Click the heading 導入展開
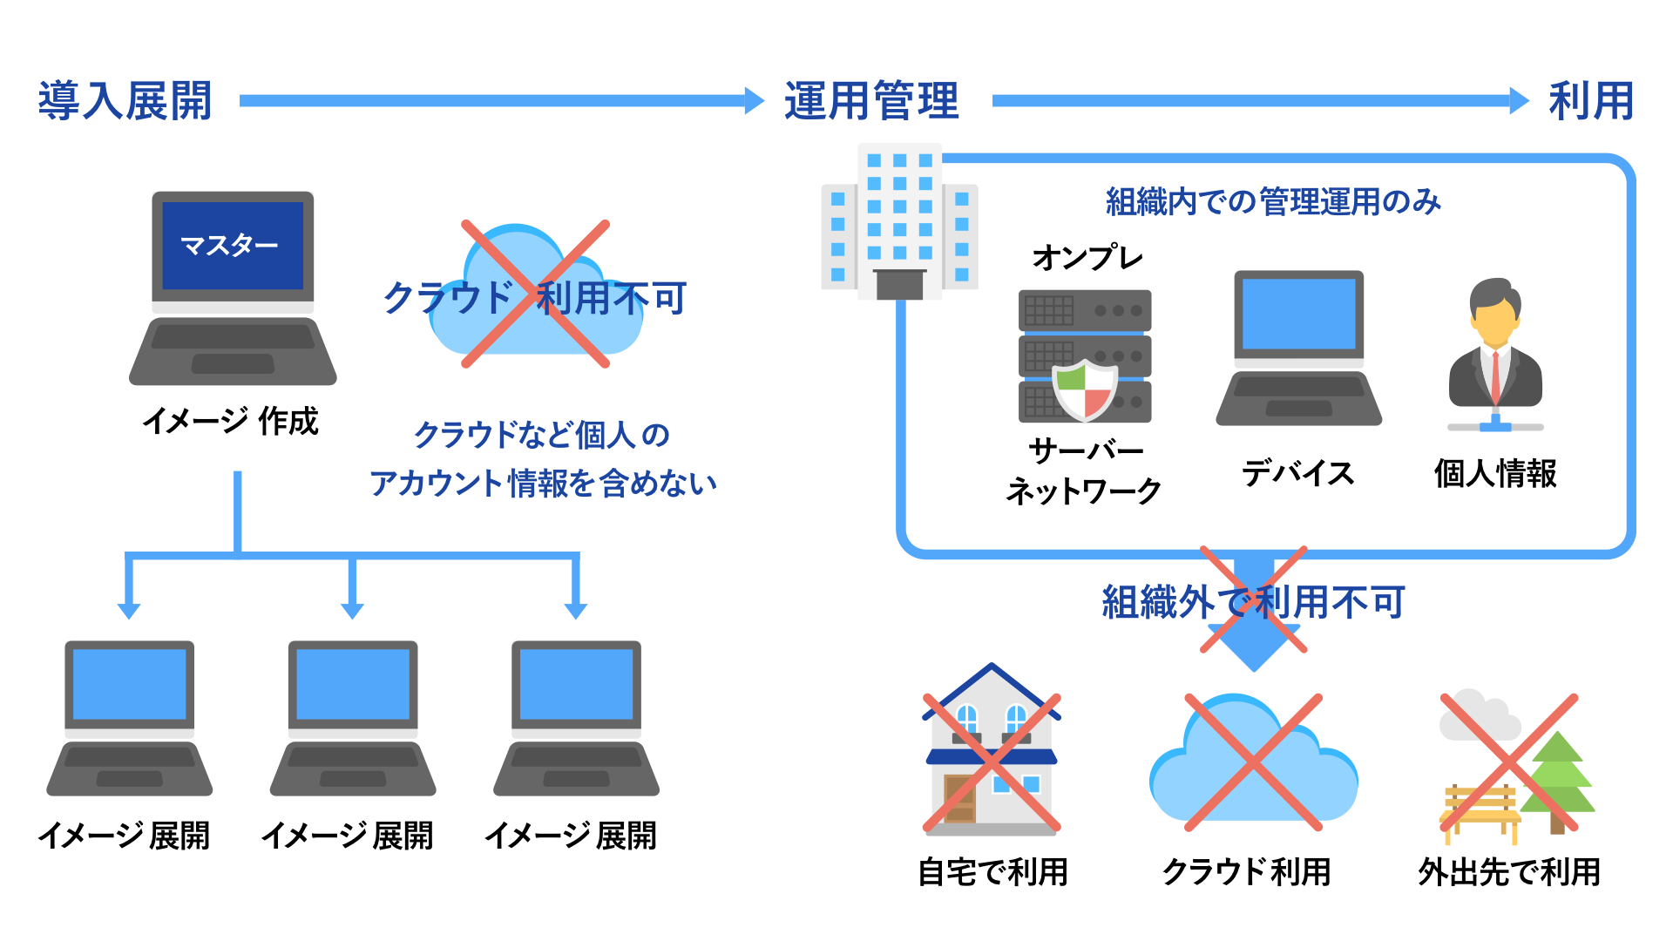pyautogui.click(x=125, y=101)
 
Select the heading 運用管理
pyautogui.click(x=871, y=101)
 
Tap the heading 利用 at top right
pyautogui.click(x=1591, y=101)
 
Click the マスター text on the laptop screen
pyautogui.click(x=230, y=246)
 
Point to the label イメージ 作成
pyautogui.click(x=231, y=422)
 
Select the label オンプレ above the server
pyautogui.click(x=1087, y=258)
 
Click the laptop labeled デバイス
pyautogui.click(x=1298, y=349)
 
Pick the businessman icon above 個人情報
pyautogui.click(x=1495, y=349)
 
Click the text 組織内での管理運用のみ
pyautogui.click(x=1274, y=202)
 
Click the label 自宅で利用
pyautogui.click(x=993, y=872)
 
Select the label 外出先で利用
pyautogui.click(x=1509, y=872)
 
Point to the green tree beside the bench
pyautogui.click(x=1560, y=775)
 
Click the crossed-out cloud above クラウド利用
pyautogui.click(x=1253, y=762)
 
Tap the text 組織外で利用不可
pyautogui.click(x=1253, y=602)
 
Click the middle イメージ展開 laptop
pyautogui.click(x=353, y=719)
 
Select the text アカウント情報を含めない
pyautogui.click(x=543, y=484)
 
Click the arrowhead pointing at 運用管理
pyautogui.click(x=754, y=101)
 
